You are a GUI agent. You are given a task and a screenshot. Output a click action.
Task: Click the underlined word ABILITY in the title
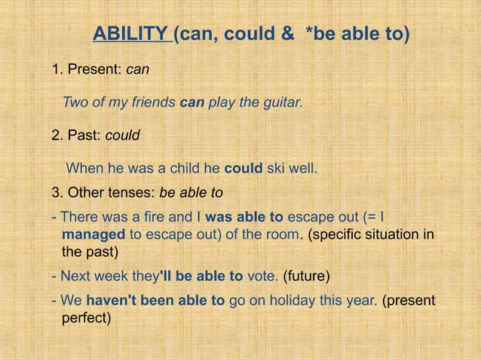click(130, 35)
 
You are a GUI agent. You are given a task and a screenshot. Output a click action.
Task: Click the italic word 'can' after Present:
click(137, 70)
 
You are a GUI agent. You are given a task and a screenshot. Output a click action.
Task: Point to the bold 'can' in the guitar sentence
click(193, 102)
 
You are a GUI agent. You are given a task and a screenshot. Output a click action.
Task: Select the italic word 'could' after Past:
click(121, 136)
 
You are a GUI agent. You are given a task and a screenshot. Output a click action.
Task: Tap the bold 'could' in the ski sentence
click(244, 167)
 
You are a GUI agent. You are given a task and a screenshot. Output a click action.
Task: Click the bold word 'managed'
click(95, 235)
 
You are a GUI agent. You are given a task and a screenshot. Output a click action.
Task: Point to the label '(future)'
click(306, 276)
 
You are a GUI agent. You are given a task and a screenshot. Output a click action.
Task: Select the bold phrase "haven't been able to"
click(155, 301)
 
